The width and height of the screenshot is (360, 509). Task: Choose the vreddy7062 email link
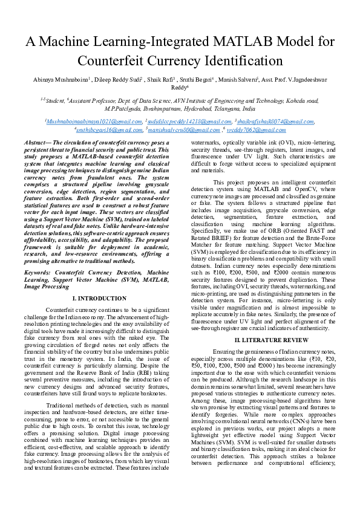256,129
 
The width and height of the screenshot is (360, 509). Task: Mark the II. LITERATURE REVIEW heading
263,340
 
